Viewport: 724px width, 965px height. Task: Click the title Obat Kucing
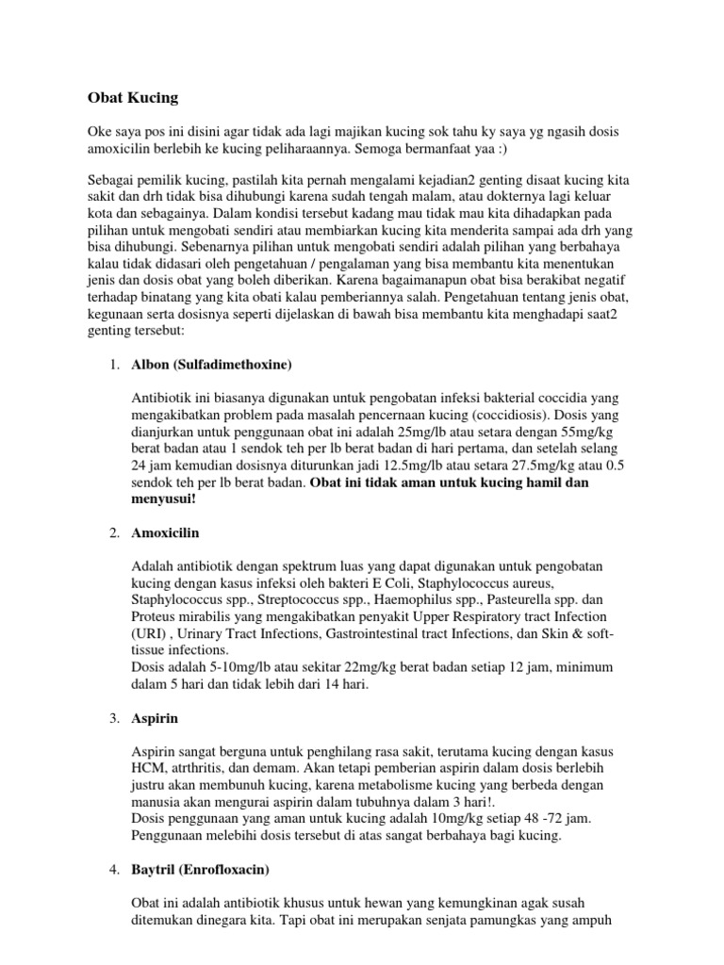(x=132, y=97)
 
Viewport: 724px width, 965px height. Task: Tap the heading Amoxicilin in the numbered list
(x=165, y=534)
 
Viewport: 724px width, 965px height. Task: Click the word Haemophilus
(x=382, y=599)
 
